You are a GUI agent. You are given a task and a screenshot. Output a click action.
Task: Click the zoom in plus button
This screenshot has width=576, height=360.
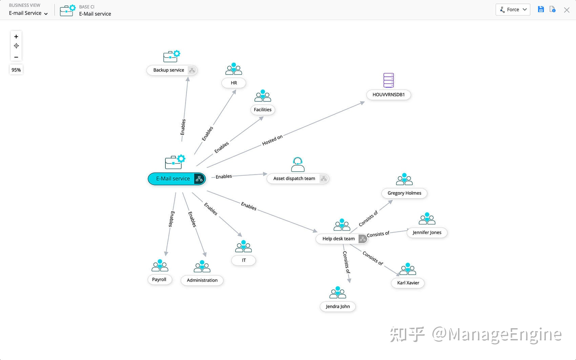16,37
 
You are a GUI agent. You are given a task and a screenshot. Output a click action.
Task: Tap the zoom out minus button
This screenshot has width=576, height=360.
16,57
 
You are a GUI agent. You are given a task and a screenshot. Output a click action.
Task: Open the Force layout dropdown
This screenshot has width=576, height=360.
513,9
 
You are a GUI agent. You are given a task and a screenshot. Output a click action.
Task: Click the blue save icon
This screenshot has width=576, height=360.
541,9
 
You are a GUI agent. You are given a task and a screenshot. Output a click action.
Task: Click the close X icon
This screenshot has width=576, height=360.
567,10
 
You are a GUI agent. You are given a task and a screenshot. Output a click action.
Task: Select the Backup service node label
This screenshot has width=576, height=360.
168,70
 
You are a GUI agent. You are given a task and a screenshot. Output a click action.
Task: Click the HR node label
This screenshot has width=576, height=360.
234,83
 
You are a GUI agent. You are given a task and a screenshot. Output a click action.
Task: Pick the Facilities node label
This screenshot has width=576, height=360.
263,110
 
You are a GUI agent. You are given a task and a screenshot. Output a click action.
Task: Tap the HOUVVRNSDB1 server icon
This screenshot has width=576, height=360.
389,80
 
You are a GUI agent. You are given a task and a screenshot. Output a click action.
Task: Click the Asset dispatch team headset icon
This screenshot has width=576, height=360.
298,165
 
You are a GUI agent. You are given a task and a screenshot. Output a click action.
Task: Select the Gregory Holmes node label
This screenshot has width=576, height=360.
404,193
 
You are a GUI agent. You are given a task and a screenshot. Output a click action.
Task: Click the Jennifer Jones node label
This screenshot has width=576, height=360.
427,232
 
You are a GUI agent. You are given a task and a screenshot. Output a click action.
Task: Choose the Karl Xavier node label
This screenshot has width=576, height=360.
408,283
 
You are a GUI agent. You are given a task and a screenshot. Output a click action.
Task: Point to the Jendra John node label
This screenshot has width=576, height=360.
338,306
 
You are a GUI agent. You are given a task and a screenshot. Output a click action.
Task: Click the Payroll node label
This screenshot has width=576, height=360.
159,279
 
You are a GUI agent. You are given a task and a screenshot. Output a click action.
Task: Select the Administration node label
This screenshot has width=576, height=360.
202,280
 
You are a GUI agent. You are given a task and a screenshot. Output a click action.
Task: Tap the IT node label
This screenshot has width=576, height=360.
244,260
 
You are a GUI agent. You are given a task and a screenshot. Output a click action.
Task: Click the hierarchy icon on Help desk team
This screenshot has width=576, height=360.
363,239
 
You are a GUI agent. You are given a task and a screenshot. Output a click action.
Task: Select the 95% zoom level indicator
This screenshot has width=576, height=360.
16,70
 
